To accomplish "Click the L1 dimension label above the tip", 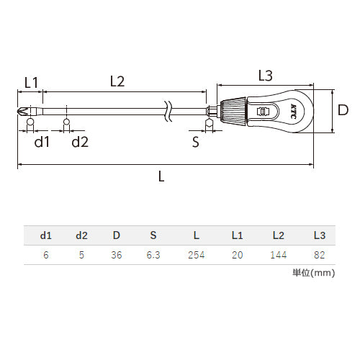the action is (31, 83).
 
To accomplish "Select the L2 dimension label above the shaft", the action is (117, 81).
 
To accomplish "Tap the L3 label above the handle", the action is (266, 76).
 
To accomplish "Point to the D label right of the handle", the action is (343, 110).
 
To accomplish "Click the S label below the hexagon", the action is (196, 142).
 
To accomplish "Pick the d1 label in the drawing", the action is (42, 141).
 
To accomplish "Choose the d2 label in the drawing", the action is (80, 141).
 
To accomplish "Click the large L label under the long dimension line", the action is (161, 176).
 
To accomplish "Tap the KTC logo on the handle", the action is (293, 111).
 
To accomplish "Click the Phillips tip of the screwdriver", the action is (24, 112).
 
